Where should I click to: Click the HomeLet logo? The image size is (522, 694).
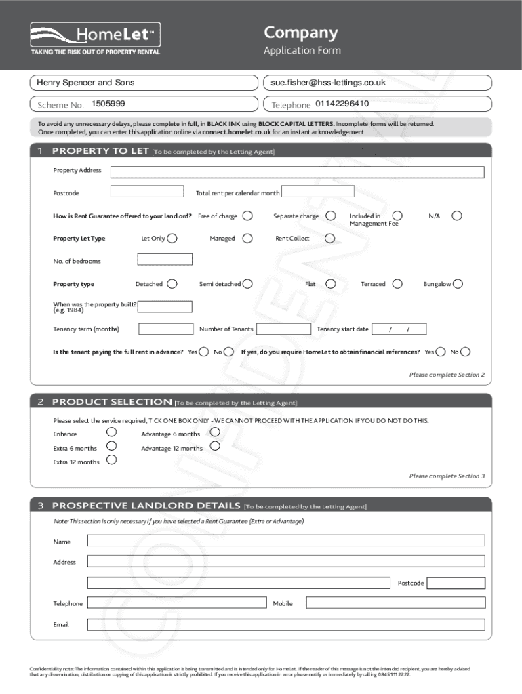click(x=95, y=36)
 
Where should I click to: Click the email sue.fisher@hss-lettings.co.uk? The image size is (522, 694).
click(x=328, y=83)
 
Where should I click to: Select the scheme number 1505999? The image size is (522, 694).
click(x=108, y=104)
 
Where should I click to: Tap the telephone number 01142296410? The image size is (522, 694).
click(x=342, y=104)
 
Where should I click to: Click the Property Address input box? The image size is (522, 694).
click(x=297, y=171)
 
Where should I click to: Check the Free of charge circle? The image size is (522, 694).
click(x=248, y=216)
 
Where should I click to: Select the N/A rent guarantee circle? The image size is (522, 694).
click(x=457, y=216)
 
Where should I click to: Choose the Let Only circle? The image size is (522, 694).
click(x=172, y=238)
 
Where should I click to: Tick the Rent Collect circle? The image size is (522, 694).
click(x=329, y=238)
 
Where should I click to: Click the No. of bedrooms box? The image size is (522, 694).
click(x=165, y=260)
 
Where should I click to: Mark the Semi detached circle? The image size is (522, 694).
click(x=247, y=284)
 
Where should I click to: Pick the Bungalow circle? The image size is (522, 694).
click(x=458, y=284)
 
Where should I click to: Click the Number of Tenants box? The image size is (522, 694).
click(x=284, y=329)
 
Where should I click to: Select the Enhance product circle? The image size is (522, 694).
click(x=112, y=432)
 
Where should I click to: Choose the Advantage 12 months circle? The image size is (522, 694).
click(x=215, y=446)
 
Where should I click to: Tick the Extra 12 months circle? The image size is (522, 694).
click(x=112, y=460)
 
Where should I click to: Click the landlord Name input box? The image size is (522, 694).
click(x=286, y=540)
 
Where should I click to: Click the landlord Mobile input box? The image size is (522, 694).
click(x=395, y=603)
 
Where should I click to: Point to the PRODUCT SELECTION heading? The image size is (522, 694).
click(x=112, y=402)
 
